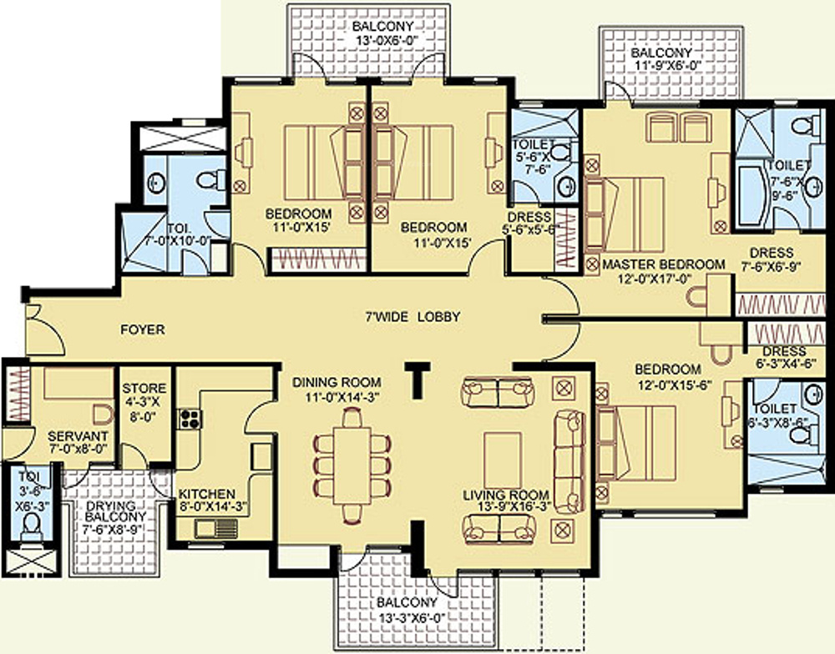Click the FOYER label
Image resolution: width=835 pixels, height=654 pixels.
[143, 330]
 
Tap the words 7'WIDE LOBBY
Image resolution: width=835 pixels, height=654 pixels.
[412, 317]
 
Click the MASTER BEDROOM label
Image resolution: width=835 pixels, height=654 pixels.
[664, 264]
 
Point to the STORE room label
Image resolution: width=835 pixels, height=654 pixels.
[144, 389]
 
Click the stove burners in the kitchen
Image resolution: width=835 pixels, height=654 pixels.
[190, 419]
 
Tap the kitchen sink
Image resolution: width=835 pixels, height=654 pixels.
[216, 529]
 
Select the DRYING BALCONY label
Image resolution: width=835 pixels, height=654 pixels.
[115, 511]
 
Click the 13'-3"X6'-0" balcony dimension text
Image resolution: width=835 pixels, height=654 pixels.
[412, 619]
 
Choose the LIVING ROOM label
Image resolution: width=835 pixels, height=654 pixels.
[506, 496]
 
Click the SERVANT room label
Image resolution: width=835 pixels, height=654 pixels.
[78, 436]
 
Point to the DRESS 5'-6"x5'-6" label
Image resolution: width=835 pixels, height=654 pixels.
[530, 224]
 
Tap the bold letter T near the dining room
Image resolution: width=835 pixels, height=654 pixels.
[417, 380]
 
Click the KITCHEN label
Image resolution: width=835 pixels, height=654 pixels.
[206, 495]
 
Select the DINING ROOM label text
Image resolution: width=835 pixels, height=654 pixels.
[337, 382]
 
